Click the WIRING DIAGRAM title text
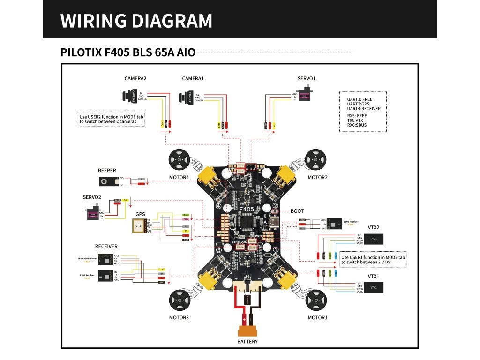pos(136,21)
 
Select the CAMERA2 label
pos(135,79)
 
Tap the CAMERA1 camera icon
pos(185,97)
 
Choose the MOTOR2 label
pos(317,178)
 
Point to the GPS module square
pos(138,227)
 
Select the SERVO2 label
pos(92,197)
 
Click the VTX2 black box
pos(373,240)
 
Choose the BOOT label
pos(297,211)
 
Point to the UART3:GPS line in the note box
pos(354,104)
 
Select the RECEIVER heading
pos(106,246)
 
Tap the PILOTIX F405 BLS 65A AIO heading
pos(127,52)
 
